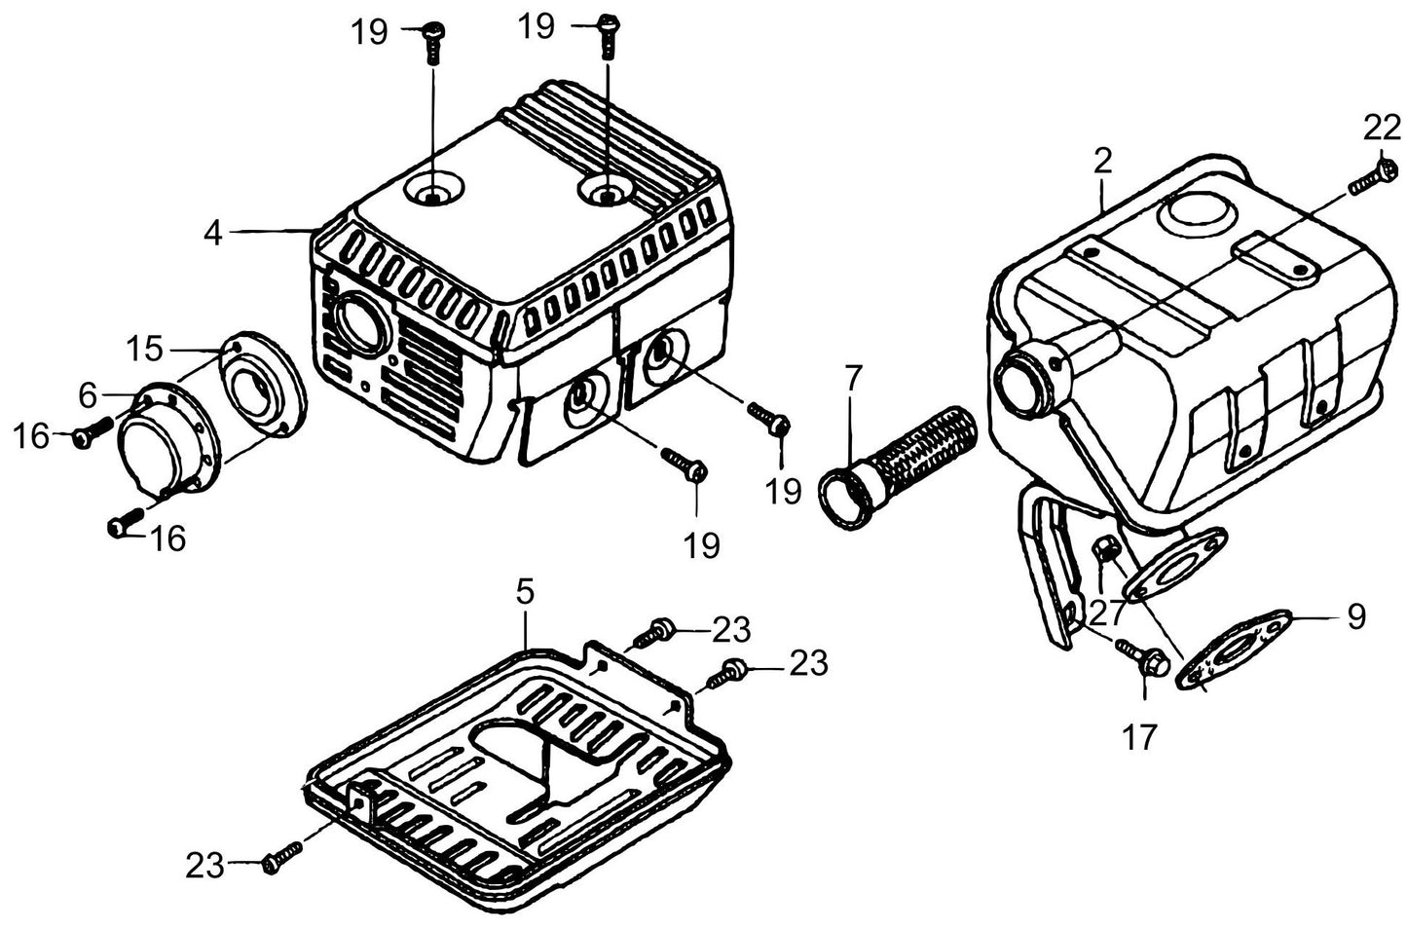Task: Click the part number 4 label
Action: click(213, 234)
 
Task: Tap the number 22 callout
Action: click(1382, 129)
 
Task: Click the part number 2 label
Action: click(1102, 162)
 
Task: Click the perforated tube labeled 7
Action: click(899, 468)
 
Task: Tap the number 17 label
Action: click(1139, 737)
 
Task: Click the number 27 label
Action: click(1107, 613)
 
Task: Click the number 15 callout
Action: click(145, 349)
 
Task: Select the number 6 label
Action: click(88, 395)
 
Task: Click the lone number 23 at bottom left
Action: click(204, 866)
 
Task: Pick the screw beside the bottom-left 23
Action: click(281, 857)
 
